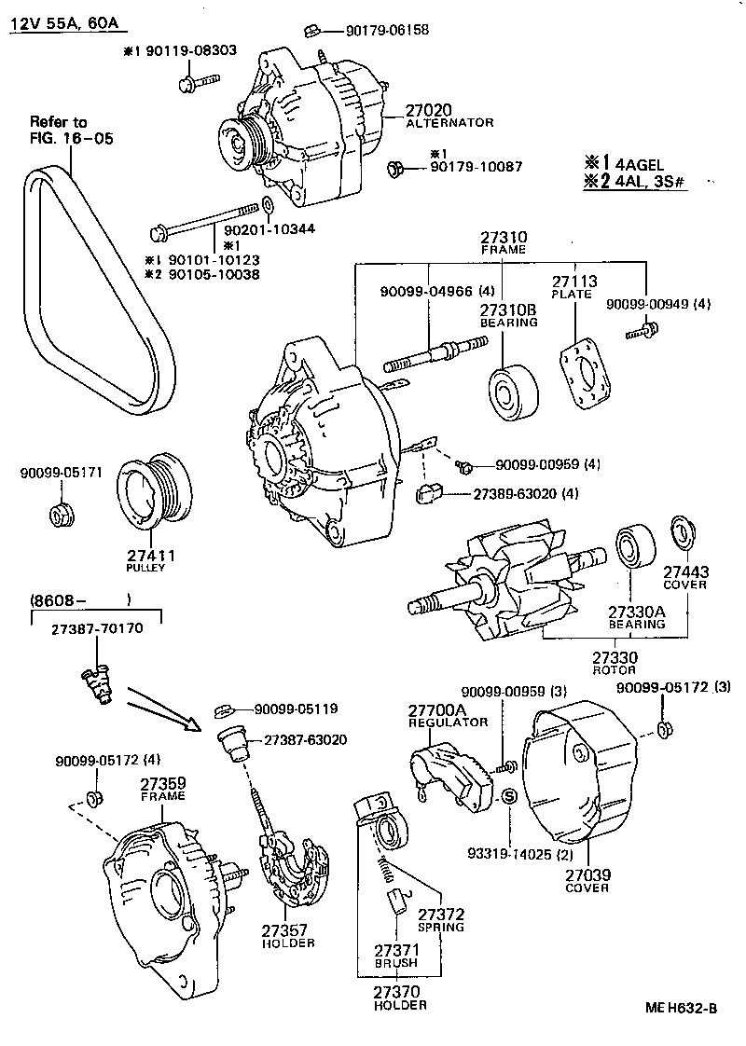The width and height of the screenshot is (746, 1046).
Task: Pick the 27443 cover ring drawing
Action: [x=684, y=534]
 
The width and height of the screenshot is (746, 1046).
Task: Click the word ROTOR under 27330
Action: [x=615, y=670]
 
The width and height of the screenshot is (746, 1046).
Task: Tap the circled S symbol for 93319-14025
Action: [x=510, y=797]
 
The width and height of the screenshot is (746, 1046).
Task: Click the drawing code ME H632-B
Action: [x=682, y=1008]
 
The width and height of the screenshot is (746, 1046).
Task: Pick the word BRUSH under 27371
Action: [x=396, y=962]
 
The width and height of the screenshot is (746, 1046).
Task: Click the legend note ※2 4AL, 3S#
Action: [x=635, y=182]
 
